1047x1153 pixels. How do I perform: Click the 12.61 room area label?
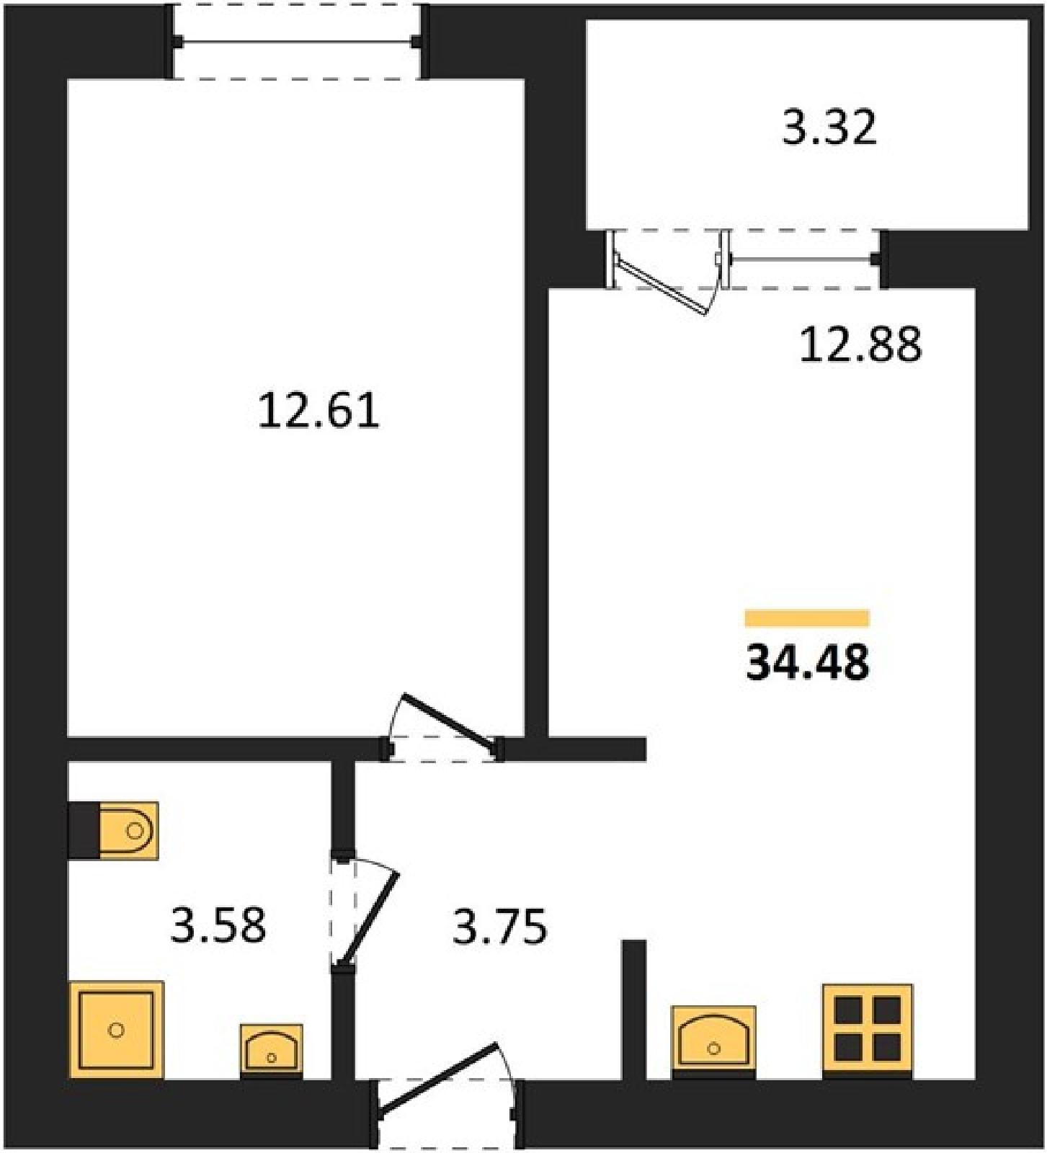(x=318, y=411)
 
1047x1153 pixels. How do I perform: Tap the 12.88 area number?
(x=860, y=344)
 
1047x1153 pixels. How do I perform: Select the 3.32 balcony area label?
(x=829, y=128)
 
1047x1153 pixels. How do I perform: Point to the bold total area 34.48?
(x=807, y=662)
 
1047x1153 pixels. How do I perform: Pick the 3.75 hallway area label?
(x=500, y=927)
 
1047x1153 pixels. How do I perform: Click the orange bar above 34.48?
(x=807, y=618)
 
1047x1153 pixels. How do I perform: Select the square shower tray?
(x=116, y=1030)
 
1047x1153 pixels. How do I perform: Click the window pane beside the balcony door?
(x=803, y=259)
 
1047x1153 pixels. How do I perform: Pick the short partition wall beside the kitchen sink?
(x=634, y=1010)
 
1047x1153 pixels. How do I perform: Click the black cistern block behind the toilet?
(x=84, y=830)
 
